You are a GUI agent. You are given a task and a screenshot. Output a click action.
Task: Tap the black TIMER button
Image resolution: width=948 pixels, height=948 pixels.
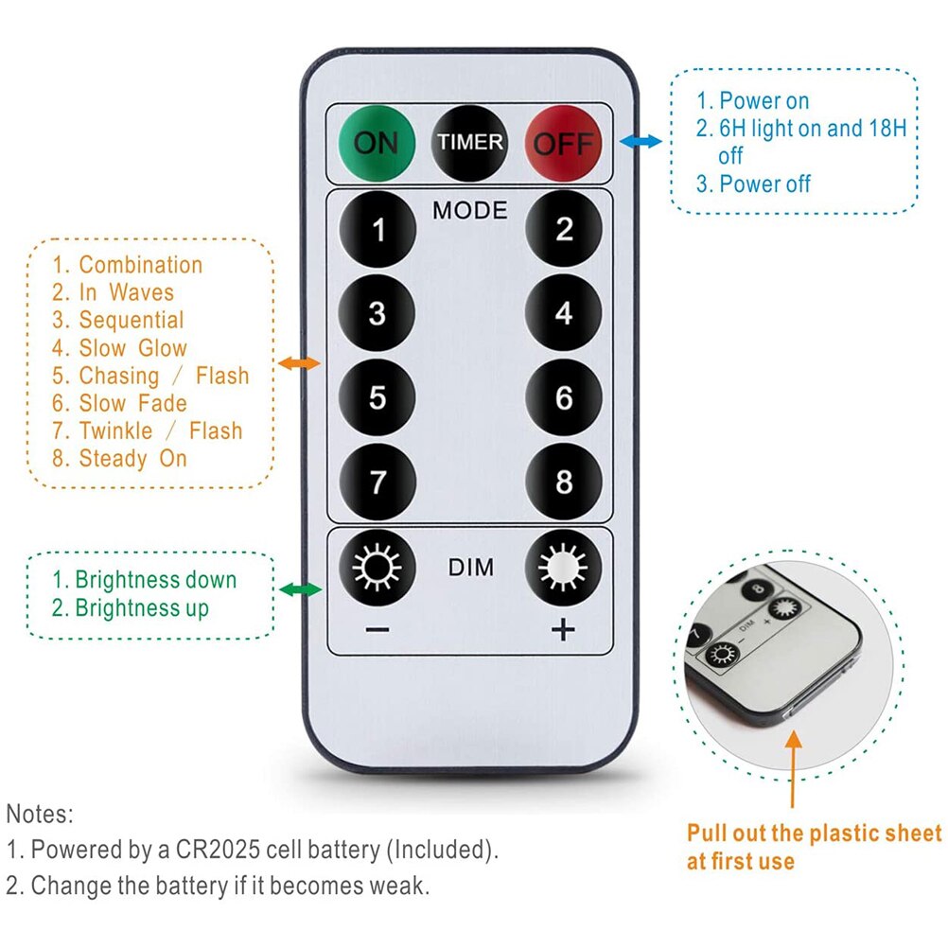(470, 143)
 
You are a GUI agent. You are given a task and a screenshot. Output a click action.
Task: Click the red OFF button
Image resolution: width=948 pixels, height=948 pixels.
(564, 143)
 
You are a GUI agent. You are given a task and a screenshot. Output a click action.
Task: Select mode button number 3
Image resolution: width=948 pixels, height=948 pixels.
(377, 313)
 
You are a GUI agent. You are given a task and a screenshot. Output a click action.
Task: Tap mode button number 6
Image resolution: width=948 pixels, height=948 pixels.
(564, 397)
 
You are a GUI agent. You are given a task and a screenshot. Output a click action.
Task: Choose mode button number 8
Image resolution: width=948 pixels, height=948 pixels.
(564, 482)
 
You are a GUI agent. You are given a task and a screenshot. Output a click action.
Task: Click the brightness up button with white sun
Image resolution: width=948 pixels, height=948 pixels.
(564, 568)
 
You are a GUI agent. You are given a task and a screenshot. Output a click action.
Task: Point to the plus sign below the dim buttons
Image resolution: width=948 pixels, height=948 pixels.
(564, 629)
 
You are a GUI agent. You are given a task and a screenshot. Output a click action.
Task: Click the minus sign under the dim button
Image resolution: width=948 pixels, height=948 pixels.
(377, 630)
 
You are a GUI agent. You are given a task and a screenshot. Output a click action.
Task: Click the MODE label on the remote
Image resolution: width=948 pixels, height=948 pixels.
(470, 210)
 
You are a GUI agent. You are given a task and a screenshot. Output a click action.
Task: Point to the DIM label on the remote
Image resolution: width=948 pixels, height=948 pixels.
(470, 567)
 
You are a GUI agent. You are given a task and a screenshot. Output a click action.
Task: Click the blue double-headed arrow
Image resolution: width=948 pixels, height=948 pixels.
(641, 142)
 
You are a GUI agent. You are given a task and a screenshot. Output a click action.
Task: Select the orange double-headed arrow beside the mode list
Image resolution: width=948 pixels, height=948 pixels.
(299, 363)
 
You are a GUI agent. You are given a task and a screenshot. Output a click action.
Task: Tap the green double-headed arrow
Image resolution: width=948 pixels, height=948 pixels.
(301, 588)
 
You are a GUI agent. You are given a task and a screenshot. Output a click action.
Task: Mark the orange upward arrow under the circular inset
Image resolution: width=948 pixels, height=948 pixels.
(793, 769)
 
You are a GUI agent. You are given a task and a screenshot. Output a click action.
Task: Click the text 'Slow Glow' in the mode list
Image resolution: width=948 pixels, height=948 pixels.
(133, 347)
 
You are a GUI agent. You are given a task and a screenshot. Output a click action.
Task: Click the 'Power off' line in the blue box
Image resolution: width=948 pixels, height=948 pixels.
(764, 184)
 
